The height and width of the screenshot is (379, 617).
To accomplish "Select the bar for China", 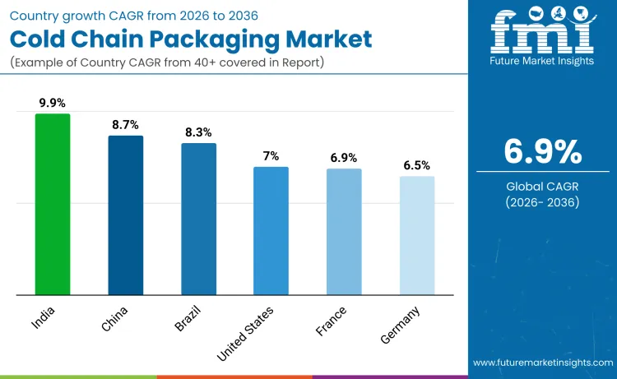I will click(126, 215).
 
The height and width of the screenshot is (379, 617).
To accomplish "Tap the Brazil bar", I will click(198, 219).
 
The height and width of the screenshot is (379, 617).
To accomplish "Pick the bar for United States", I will click(271, 230).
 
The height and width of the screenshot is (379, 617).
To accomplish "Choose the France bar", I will click(344, 231).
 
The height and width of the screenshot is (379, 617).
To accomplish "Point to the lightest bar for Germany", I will click(417, 235).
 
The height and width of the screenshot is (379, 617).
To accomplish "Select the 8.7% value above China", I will click(126, 124).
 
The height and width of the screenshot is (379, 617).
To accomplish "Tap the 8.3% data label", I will click(198, 132).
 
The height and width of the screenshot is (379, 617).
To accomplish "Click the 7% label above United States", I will click(271, 155).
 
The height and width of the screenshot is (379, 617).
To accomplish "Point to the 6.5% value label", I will click(417, 165).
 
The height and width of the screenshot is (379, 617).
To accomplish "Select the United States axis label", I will click(246, 332).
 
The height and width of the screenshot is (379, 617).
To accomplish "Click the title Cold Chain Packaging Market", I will click(191, 38).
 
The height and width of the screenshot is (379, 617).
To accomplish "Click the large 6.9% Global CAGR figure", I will click(542, 152).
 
